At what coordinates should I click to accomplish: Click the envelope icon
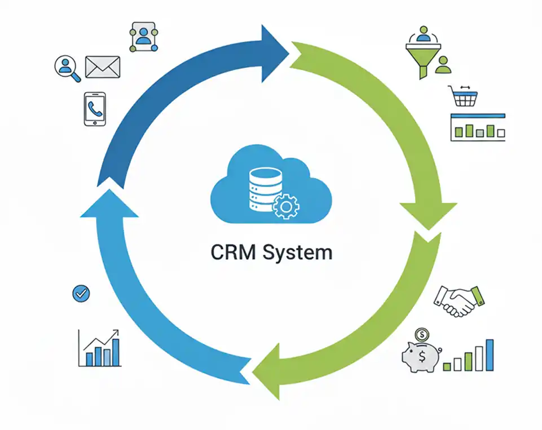103,67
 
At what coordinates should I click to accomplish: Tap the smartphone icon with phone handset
95,109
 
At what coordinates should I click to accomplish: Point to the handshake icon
459,300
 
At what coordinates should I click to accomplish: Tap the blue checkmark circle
81,293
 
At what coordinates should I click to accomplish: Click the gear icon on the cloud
285,207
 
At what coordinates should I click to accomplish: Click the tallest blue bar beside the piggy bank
490,355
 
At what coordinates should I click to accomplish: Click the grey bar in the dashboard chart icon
479,133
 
